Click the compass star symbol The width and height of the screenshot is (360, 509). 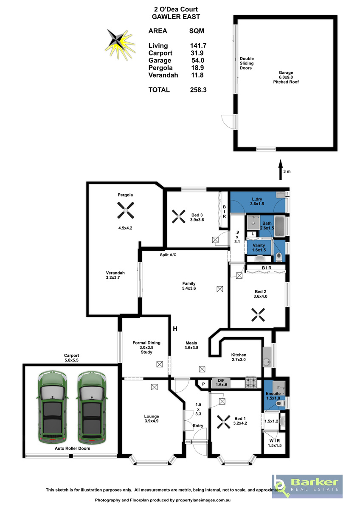pyautogui.click(x=120, y=44)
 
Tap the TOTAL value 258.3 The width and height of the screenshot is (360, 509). pyautogui.click(x=198, y=90)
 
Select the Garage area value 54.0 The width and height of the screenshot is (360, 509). pyautogui.click(x=198, y=60)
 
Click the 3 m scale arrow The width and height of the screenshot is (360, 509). pyautogui.click(x=281, y=170)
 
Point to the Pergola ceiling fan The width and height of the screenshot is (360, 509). pyautogui.click(x=125, y=210)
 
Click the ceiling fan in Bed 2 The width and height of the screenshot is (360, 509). pyautogui.click(x=258, y=315)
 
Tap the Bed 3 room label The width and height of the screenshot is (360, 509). pyautogui.click(x=197, y=217)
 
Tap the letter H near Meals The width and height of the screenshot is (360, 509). pyautogui.click(x=175, y=329)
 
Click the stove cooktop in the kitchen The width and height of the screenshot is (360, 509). pyautogui.click(x=250, y=383)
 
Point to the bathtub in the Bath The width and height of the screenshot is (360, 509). pyautogui.click(x=280, y=226)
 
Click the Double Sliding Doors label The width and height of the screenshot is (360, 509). pyautogui.click(x=247, y=63)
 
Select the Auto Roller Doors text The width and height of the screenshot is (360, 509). pyautogui.click(x=72, y=448)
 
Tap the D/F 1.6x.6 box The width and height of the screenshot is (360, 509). pyautogui.click(x=221, y=383)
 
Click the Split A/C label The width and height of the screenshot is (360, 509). pyautogui.click(x=168, y=255)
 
